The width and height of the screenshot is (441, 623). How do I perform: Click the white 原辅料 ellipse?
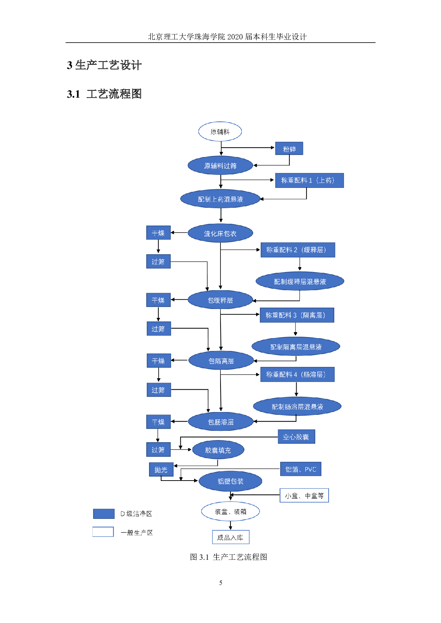220,132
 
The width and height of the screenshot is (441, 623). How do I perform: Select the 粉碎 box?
289,149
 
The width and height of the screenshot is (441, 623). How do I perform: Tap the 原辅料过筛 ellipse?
220,166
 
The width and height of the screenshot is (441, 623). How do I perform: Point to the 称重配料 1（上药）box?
309,180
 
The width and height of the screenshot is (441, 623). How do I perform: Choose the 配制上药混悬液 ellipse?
220,199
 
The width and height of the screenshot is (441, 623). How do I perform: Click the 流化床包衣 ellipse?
220,233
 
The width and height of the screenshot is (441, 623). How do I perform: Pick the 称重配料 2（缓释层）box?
298,250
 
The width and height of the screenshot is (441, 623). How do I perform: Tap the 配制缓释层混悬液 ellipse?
300,281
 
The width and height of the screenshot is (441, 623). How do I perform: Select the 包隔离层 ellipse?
221,361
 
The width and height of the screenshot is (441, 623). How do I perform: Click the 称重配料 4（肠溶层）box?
297,374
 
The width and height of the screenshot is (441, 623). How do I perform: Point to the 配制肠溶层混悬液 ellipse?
297,406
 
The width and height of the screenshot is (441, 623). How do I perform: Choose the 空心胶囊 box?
296,437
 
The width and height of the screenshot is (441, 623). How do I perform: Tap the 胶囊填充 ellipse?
218,450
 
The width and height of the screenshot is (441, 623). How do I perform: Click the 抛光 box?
161,470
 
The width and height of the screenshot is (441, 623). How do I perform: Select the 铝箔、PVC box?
301,469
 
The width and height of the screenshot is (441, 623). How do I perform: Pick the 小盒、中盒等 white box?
304,495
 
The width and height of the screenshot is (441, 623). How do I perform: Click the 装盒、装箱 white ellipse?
230,511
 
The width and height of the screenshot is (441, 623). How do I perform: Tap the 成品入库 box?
230,537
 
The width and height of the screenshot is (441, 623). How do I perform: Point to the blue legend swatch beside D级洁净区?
103,514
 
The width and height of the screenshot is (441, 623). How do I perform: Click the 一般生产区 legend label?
138,532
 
